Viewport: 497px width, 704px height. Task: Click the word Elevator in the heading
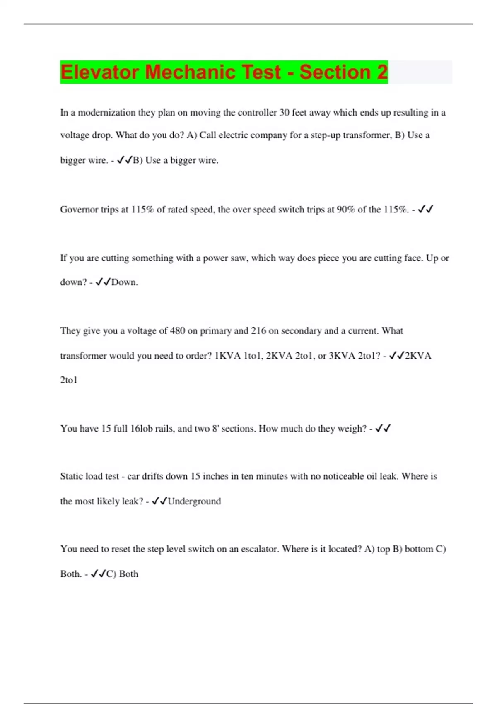[99, 72]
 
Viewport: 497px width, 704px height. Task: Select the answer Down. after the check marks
[124, 282]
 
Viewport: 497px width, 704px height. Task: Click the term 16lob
[141, 429]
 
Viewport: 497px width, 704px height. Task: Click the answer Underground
[194, 501]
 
